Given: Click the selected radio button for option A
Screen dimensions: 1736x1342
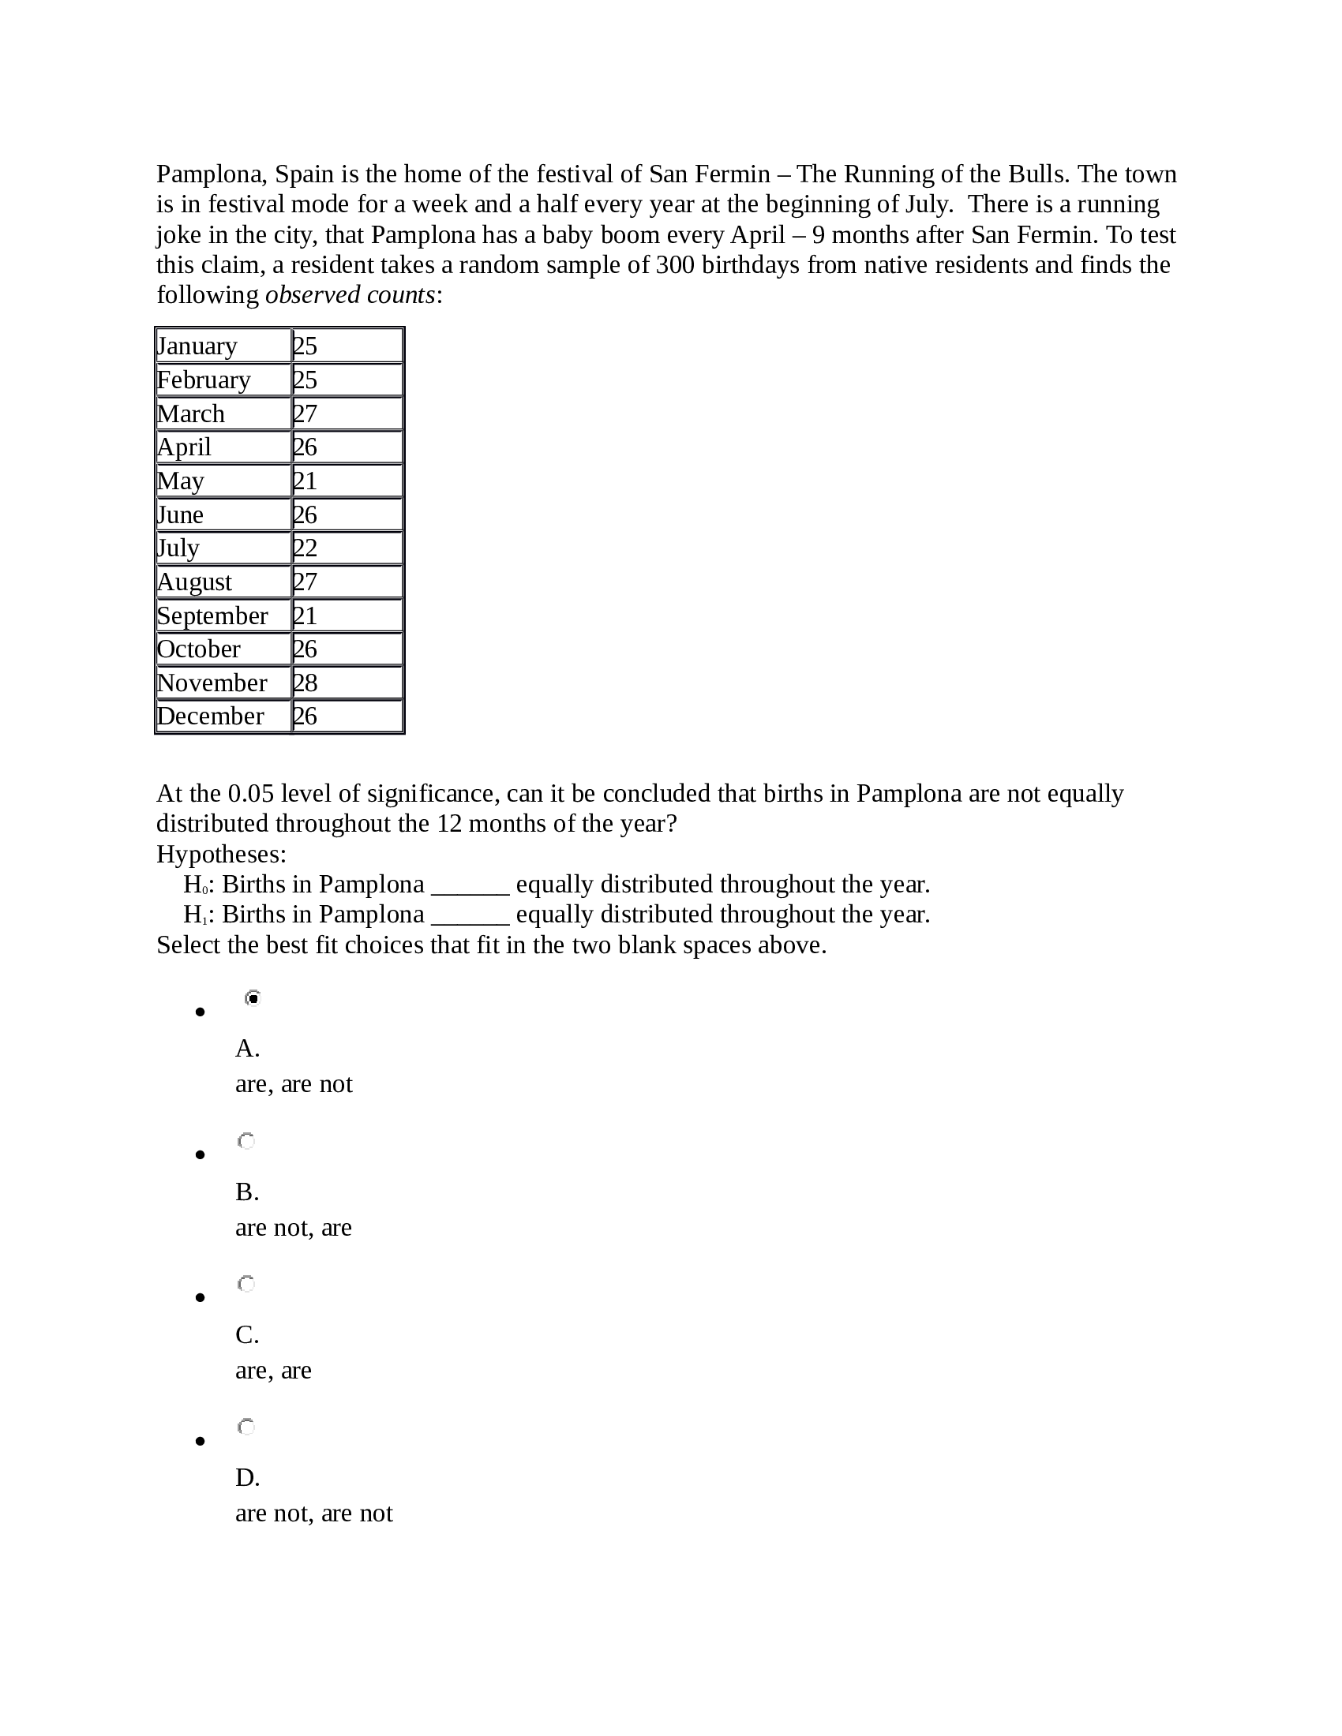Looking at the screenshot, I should pyautogui.click(x=253, y=997).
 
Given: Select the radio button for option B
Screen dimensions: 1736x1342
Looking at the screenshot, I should pyautogui.click(x=246, y=1142).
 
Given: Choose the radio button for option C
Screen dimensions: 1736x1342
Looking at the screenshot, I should pyautogui.click(x=246, y=1284).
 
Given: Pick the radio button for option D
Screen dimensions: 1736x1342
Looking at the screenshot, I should pyautogui.click(x=246, y=1427).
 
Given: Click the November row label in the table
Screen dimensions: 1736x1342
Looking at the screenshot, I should pyautogui.click(x=212, y=683).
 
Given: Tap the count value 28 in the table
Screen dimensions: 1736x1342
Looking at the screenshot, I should pyautogui.click(x=306, y=683).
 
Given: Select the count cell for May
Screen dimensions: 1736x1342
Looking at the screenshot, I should pyautogui.click(x=347, y=481).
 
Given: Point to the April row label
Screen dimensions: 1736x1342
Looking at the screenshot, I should pyautogui.click(x=184, y=447).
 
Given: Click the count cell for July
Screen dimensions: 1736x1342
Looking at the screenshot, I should pyautogui.click(x=347, y=548).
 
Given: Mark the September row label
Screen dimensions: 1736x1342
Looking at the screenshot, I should pyautogui.click(x=212, y=615).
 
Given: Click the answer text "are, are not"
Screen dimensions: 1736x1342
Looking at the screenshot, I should pyautogui.click(x=294, y=1084).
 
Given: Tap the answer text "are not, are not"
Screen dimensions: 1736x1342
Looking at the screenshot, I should pyautogui.click(x=313, y=1513).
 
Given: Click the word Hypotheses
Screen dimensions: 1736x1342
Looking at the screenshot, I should pyautogui.click(x=221, y=854).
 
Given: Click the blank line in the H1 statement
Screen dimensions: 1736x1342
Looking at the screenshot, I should pyautogui.click(x=470, y=915).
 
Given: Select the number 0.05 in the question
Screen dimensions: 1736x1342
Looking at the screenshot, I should pyautogui.click(x=250, y=793).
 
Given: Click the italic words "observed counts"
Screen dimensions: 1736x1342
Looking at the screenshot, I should pyautogui.click(x=350, y=295).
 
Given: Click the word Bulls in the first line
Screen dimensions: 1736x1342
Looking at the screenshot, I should pyautogui.click(x=1033, y=174).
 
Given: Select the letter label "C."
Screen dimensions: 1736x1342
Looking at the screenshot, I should pyautogui.click(x=247, y=1334).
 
